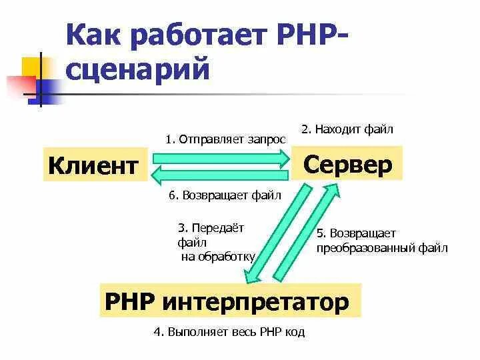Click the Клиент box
point(94,164)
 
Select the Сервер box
point(347,164)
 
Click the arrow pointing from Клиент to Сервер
point(220,159)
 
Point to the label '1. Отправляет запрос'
point(225,139)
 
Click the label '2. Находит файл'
point(347,129)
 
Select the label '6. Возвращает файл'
point(225,195)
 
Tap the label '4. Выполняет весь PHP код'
point(229,331)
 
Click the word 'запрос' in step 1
point(265,139)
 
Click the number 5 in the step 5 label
point(319,233)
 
